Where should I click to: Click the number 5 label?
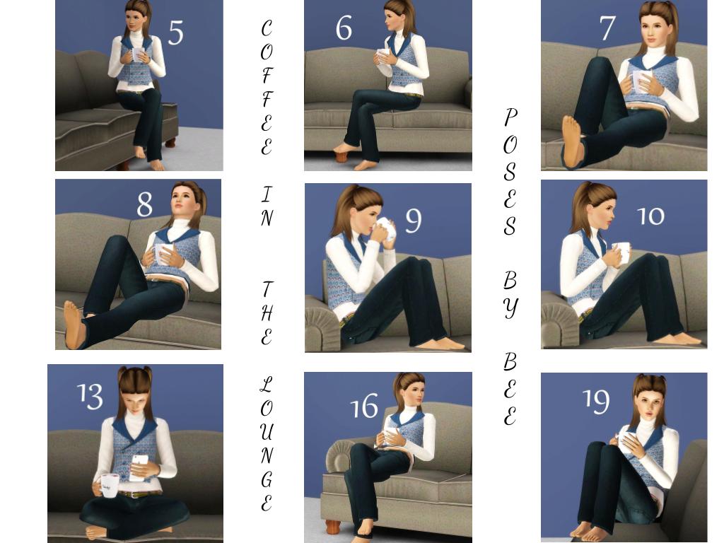175,33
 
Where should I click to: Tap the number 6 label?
344,28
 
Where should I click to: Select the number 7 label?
607,28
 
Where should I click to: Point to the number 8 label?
144,204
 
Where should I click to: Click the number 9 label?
413,221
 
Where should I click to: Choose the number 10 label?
650,216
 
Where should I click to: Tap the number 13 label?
90,396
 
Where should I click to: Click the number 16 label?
364,406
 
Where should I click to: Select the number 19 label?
596,401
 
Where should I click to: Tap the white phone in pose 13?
139,467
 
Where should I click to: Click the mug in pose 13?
108,485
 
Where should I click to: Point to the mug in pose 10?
621,252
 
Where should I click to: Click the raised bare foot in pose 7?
571,141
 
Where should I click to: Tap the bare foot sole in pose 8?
74,324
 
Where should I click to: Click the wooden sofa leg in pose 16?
334,527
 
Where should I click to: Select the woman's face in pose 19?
648,405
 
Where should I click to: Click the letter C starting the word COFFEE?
267,28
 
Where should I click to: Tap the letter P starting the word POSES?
510,117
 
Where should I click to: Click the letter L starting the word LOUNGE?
267,384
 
